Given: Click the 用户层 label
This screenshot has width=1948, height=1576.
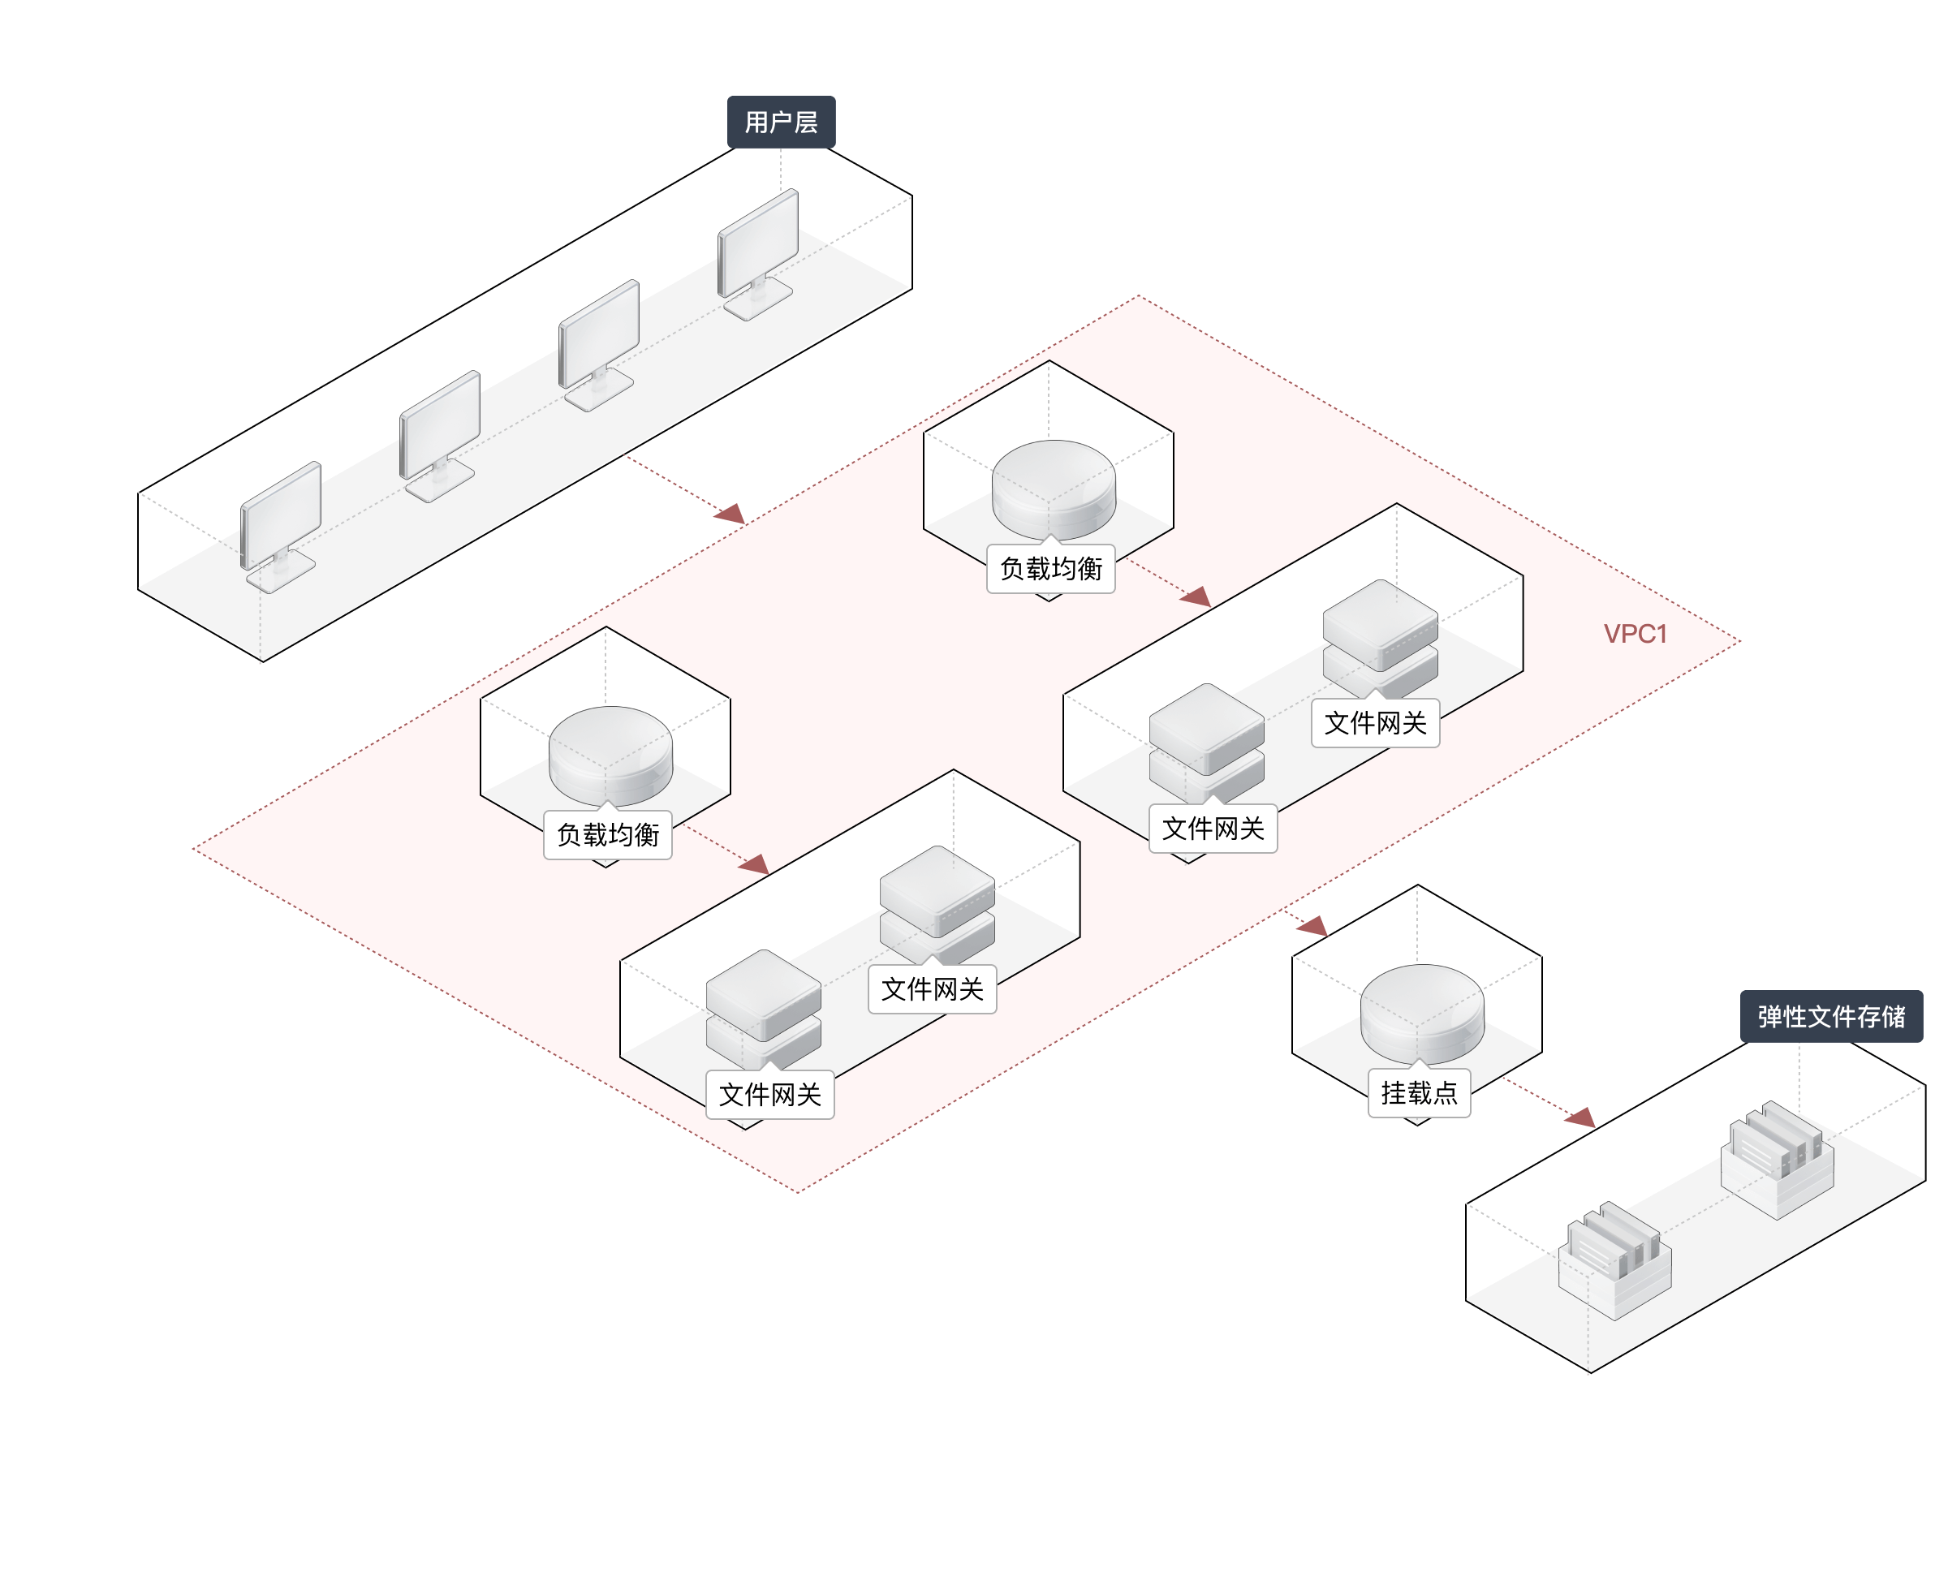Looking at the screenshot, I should coord(781,122).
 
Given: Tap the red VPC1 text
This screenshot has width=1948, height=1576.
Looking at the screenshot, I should coord(1635,634).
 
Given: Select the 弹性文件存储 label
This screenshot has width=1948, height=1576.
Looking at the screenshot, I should coord(1831,1016).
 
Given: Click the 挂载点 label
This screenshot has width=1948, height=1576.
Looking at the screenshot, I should coord(1419,1093).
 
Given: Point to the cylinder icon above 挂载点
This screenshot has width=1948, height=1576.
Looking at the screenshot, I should coord(1421,1011).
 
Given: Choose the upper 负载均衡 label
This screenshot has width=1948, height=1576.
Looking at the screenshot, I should coord(1050,569).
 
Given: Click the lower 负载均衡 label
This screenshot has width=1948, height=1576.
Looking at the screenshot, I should coord(607,835).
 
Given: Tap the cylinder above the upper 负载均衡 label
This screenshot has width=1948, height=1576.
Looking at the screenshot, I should coord(1053,488).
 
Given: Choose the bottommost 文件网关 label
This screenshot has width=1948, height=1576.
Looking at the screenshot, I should coord(769,1095).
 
